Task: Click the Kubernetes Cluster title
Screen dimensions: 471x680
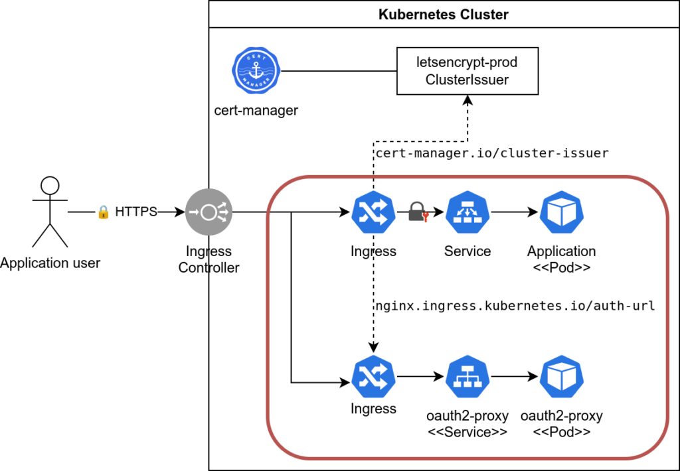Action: click(x=444, y=14)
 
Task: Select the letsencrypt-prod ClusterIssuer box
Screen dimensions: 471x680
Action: click(x=467, y=70)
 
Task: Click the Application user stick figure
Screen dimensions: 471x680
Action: click(x=50, y=212)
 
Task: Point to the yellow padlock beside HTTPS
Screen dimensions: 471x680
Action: click(x=103, y=212)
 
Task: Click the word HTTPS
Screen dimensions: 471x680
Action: click(x=136, y=212)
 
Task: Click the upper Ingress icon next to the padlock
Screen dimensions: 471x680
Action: click(x=373, y=212)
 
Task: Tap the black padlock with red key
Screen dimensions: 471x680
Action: click(x=417, y=212)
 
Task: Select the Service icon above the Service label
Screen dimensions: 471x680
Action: click(x=467, y=212)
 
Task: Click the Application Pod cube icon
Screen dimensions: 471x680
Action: click(x=561, y=212)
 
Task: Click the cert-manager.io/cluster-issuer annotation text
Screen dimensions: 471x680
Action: click(x=492, y=153)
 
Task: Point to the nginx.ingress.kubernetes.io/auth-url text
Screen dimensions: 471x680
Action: click(x=515, y=306)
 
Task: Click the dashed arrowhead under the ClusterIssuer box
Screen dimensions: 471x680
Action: click(x=467, y=100)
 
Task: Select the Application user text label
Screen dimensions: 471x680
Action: click(x=50, y=263)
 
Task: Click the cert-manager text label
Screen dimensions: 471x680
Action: click(x=256, y=110)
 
